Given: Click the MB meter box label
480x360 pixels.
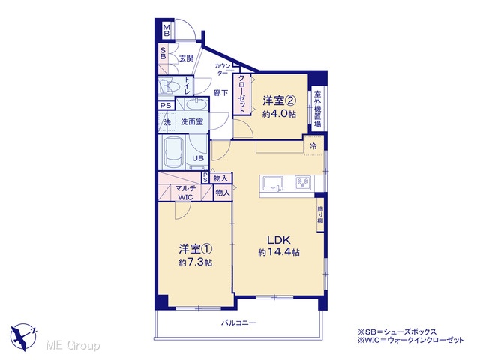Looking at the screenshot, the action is pyautogui.click(x=166, y=30).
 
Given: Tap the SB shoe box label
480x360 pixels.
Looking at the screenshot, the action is pyautogui.click(x=163, y=53).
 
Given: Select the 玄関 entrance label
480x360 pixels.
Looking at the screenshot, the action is pyautogui.click(x=186, y=58).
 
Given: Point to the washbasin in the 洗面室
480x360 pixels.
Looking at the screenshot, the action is pyautogui.click(x=196, y=105).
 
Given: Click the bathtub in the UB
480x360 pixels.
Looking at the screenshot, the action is pyautogui.click(x=174, y=152).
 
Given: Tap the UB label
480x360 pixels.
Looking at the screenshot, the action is pyautogui.click(x=198, y=158).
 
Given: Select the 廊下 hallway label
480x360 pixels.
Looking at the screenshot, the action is pyautogui.click(x=220, y=92).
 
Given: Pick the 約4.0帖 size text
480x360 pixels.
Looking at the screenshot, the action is pyautogui.click(x=279, y=114).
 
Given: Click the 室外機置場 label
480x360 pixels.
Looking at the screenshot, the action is pyautogui.click(x=318, y=109).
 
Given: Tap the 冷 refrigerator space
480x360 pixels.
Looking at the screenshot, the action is pyautogui.click(x=313, y=146).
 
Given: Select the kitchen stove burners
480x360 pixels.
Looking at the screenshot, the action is pyautogui.click(x=303, y=183).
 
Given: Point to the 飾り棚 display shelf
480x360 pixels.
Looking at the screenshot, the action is pyautogui.click(x=320, y=214).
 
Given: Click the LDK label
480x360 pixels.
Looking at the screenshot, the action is pyautogui.click(x=279, y=240).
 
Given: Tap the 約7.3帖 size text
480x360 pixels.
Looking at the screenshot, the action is pyautogui.click(x=195, y=262).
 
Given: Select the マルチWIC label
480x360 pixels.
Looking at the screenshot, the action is pyautogui.click(x=186, y=193).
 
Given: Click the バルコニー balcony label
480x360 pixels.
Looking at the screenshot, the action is pyautogui.click(x=238, y=322).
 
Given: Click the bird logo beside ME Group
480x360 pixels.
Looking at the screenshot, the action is pyautogui.click(x=23, y=337).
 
